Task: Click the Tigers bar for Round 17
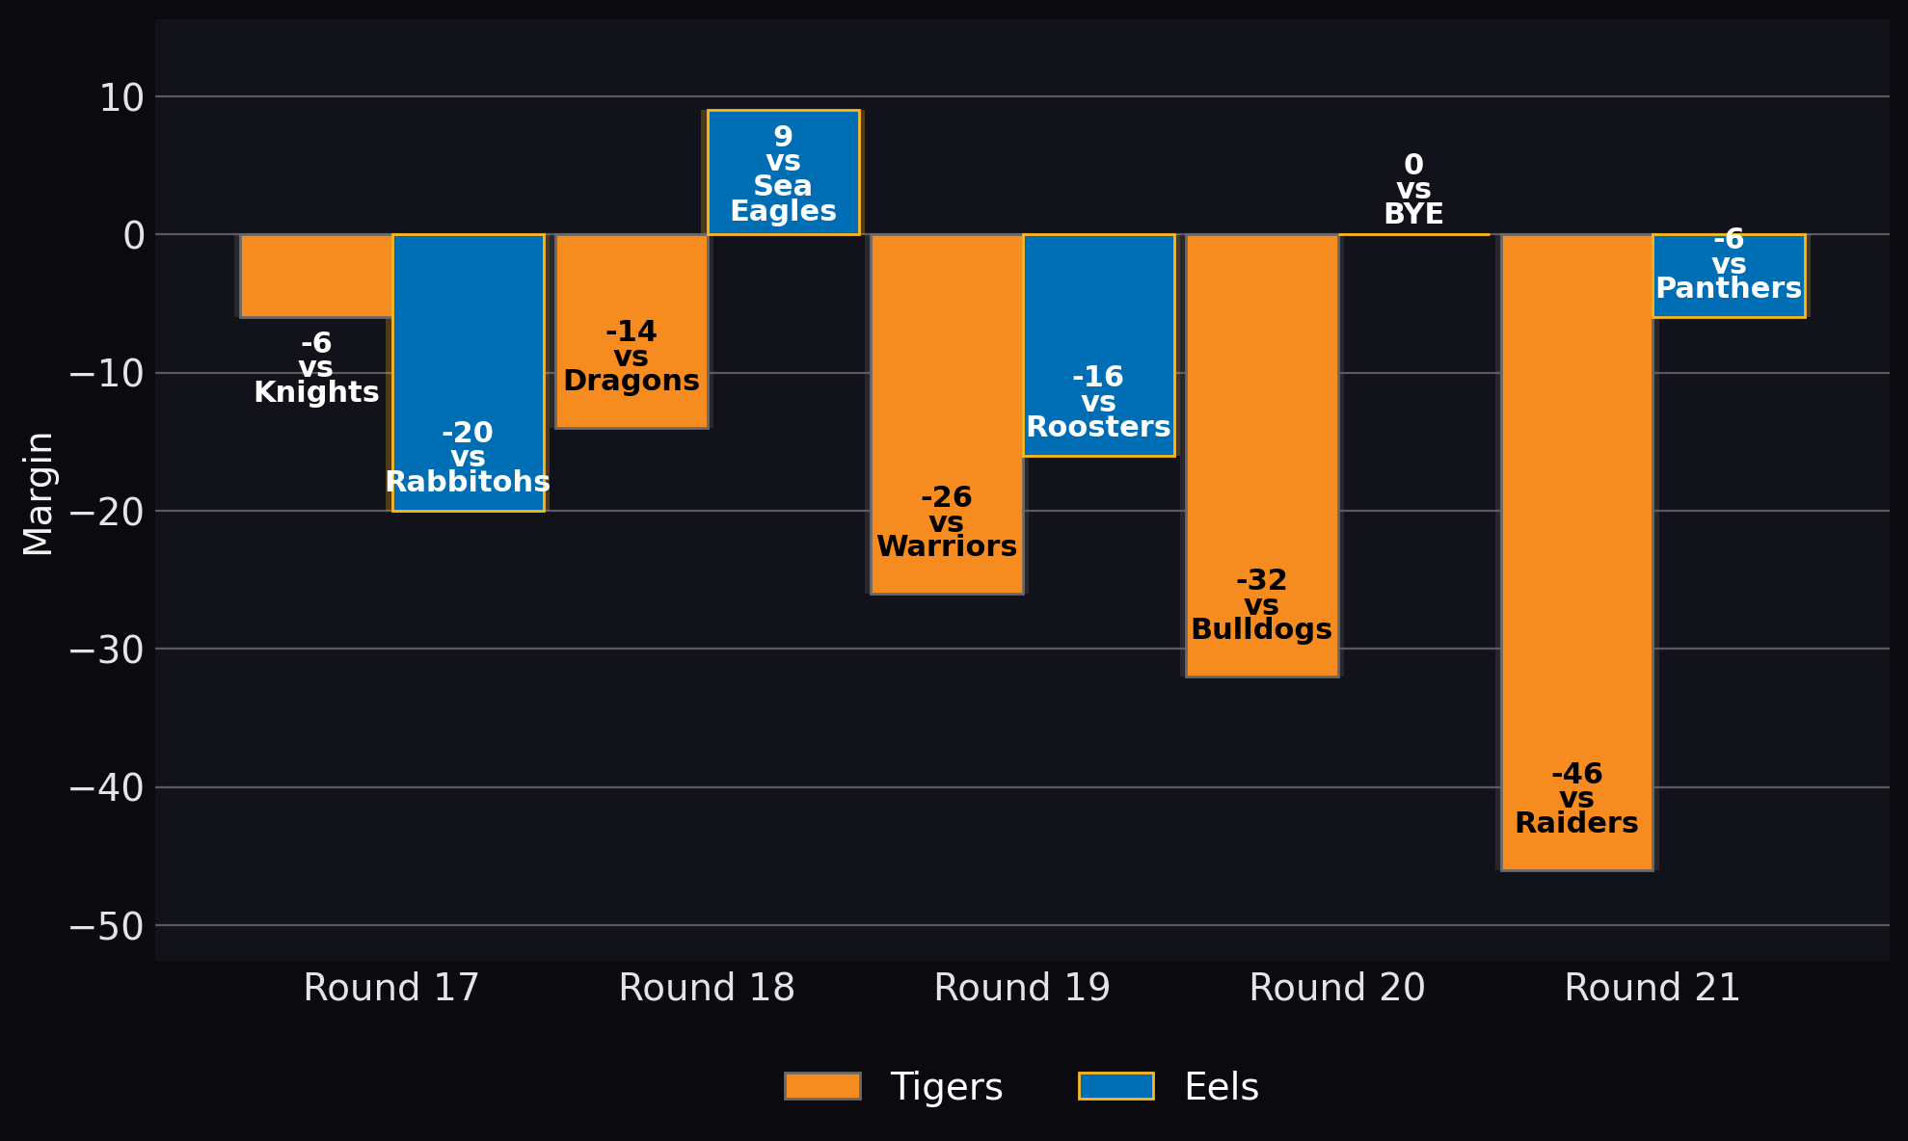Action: pyautogui.click(x=316, y=276)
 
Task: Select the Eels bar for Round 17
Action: pyautogui.click(x=469, y=372)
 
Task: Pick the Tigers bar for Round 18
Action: pyautogui.click(x=632, y=331)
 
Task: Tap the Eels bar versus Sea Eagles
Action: pyautogui.click(x=784, y=172)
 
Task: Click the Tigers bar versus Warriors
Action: pyautogui.click(x=947, y=413)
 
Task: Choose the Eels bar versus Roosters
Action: pyautogui.click(x=1099, y=345)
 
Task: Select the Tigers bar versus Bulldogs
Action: pyautogui.click(x=1262, y=455)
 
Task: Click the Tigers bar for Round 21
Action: pyautogui.click(x=1577, y=552)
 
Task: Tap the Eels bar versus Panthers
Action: pyautogui.click(x=1730, y=276)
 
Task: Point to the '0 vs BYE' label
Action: pyautogui.click(x=1413, y=190)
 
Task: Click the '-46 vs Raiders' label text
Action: pyautogui.click(x=1577, y=799)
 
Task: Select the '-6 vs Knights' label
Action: pyautogui.click(x=316, y=368)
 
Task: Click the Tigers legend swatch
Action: pyautogui.click(x=822, y=1086)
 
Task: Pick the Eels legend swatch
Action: pyautogui.click(x=1116, y=1086)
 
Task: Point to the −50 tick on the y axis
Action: pyautogui.click(x=107, y=926)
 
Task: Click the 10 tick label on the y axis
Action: pyautogui.click(x=122, y=97)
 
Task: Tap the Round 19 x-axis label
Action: pyautogui.click(x=1023, y=988)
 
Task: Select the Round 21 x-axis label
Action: pyautogui.click(x=1653, y=988)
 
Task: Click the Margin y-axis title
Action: pyautogui.click(x=39, y=493)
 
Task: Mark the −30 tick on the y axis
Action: pyautogui.click(x=107, y=650)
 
